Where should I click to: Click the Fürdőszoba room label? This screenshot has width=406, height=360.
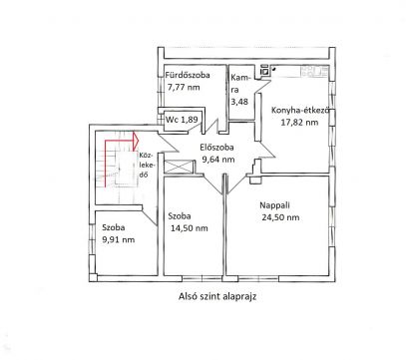tap(188, 75)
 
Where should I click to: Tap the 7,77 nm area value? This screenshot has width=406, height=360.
tap(184, 88)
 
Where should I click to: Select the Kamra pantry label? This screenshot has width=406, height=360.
tap(239, 84)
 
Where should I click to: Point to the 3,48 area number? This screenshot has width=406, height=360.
tap(239, 102)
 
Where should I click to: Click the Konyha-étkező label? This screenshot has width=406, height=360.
tap(300, 111)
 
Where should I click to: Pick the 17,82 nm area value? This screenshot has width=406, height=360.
tap(299, 123)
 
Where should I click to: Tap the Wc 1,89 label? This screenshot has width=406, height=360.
tap(182, 120)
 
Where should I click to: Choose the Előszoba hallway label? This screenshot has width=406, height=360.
tap(216, 148)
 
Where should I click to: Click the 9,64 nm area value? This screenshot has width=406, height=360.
tap(218, 160)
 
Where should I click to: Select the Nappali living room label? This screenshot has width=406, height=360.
tap(274, 205)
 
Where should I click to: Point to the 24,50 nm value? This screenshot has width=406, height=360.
tap(280, 217)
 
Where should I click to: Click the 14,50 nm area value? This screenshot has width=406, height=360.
tap(190, 228)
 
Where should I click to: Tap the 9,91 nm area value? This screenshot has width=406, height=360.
tap(119, 239)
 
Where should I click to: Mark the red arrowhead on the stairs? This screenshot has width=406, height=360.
tap(136, 141)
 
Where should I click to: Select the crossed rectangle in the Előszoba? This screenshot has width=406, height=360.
tap(180, 167)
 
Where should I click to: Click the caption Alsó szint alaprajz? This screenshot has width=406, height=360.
tap(217, 296)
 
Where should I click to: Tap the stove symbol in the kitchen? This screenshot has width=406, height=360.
tap(264, 71)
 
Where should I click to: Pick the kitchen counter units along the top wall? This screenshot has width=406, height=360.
tap(314, 71)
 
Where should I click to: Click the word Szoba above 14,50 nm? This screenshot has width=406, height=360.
tap(180, 216)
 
